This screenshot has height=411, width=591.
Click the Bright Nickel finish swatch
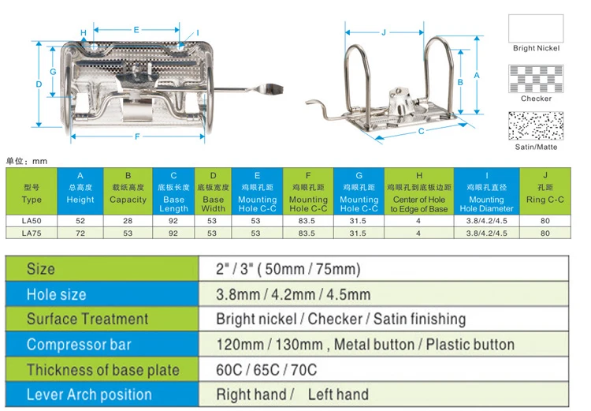(536, 28)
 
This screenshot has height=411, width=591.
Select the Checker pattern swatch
(536, 79)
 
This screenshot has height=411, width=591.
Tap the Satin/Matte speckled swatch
(536, 126)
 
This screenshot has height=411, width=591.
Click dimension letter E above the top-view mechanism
(136, 29)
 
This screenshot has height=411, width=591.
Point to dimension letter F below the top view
(137, 136)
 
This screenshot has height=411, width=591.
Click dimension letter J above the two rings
(384, 32)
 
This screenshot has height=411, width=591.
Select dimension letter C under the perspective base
(422, 131)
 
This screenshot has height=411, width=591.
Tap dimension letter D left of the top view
(39, 84)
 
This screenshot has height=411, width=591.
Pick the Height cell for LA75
(80, 234)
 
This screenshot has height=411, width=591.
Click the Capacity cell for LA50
(128, 221)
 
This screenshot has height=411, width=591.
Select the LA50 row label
(32, 221)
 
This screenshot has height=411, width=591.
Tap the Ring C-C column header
(545, 191)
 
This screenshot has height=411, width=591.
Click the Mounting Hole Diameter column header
(487, 191)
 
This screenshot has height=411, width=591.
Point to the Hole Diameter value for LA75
(487, 234)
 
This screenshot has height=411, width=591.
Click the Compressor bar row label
(79, 345)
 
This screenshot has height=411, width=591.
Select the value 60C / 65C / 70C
(266, 370)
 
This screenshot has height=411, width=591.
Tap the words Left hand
(338, 394)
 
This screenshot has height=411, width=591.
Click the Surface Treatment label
(87, 319)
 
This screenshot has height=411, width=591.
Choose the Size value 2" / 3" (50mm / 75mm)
(288, 269)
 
